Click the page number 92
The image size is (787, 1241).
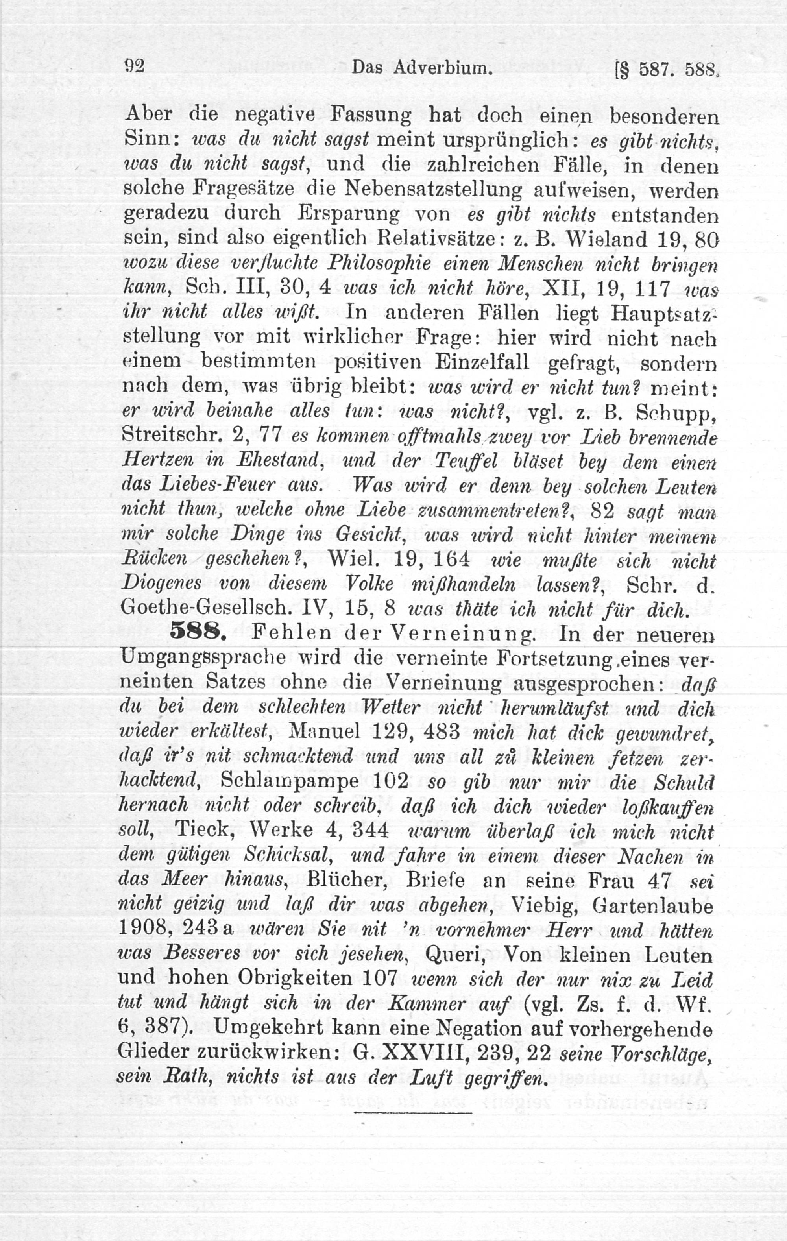pyautogui.click(x=134, y=66)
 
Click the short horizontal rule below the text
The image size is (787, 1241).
pyautogui.click(x=413, y=1112)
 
